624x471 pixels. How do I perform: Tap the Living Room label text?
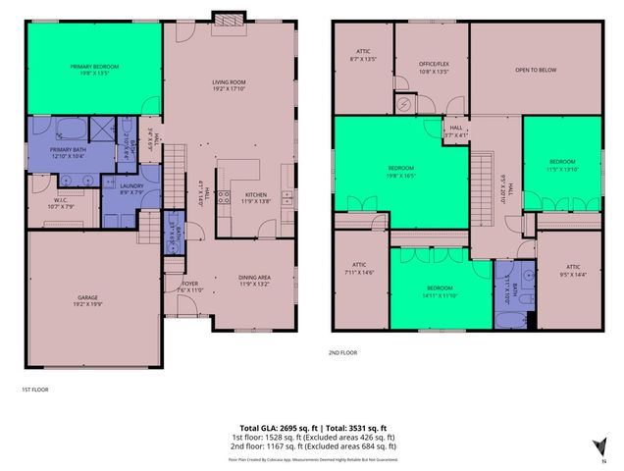[229, 86]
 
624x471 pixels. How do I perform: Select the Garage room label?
[88, 300]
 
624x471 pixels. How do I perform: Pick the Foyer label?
[189, 287]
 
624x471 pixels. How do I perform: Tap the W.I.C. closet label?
[61, 204]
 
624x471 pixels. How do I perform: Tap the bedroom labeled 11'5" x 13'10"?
[561, 164]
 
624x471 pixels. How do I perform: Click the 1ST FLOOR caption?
[34, 390]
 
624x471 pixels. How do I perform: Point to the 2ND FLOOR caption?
[343, 353]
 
